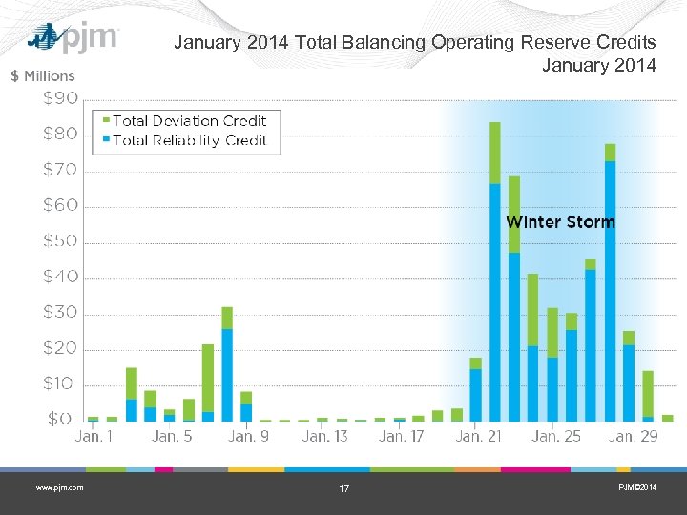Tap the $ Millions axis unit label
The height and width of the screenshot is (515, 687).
click(42, 75)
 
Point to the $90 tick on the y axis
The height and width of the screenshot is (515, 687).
click(61, 99)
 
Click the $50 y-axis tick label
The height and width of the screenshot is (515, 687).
click(61, 241)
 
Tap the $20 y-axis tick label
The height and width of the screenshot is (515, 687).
click(61, 349)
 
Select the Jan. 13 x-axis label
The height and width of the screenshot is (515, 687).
click(325, 436)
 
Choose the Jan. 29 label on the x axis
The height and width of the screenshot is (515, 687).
click(634, 436)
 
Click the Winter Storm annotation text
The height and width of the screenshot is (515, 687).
click(560, 222)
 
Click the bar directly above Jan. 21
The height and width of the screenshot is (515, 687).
click(475, 391)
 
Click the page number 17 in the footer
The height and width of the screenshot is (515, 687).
click(344, 489)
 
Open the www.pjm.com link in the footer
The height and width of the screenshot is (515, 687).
click(59, 488)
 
